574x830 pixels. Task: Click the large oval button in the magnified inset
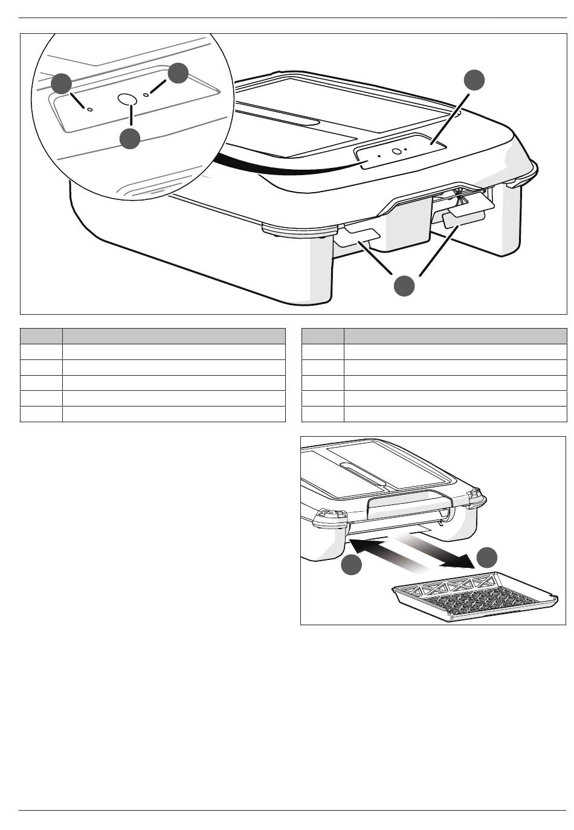click(127, 98)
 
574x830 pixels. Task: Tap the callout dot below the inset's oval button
click(130, 139)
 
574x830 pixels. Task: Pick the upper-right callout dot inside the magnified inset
click(178, 73)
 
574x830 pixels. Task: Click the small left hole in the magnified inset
click(90, 110)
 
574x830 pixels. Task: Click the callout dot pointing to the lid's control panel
click(474, 80)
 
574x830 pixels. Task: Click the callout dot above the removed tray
click(487, 557)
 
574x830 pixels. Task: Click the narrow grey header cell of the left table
click(41, 336)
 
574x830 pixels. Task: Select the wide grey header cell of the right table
click(455, 336)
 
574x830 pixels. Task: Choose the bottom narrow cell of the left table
click(41, 414)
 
